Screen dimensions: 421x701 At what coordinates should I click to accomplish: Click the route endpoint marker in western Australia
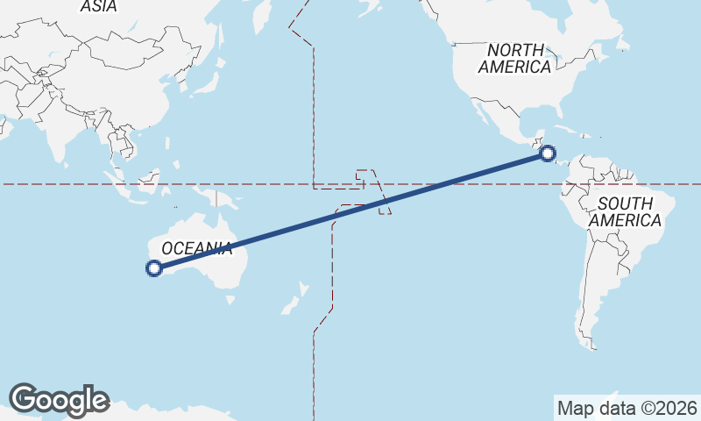[x=154, y=268]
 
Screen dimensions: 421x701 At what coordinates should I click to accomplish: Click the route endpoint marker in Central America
[x=548, y=153]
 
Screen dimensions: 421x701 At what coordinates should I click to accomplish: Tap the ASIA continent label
[x=98, y=6]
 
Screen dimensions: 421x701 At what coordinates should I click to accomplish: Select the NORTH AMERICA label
[x=515, y=58]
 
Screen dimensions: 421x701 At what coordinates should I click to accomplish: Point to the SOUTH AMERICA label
[x=625, y=211]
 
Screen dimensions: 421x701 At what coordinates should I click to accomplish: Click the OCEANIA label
[x=197, y=248]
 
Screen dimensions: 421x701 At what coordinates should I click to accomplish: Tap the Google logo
[x=59, y=400]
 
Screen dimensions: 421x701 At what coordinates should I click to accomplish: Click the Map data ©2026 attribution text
[x=627, y=408]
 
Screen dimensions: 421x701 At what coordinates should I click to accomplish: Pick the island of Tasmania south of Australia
[x=230, y=299]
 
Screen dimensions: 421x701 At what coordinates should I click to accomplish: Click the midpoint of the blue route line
[x=350, y=210]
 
